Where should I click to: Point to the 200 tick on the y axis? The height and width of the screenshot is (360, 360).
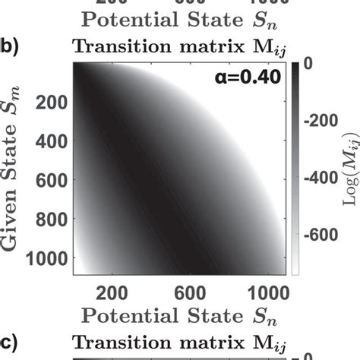coord(49,102)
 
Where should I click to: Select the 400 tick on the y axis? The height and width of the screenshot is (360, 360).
coord(49,142)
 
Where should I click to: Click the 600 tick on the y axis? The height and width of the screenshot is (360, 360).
coord(49,182)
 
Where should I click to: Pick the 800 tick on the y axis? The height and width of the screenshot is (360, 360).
coord(49,223)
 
